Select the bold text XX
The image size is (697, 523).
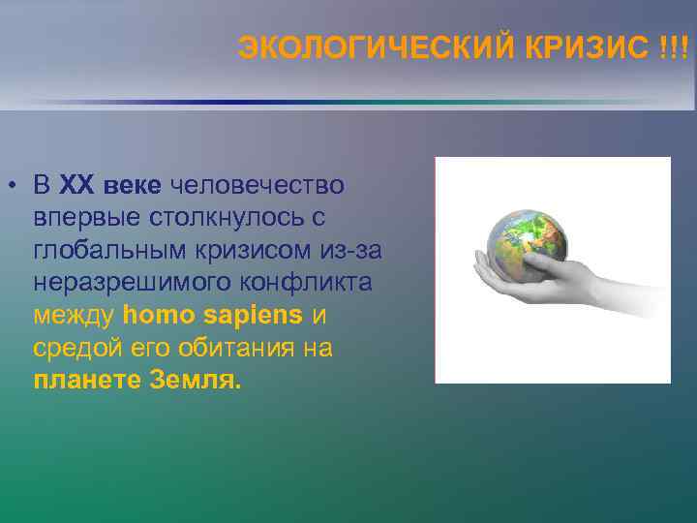pos(76,185)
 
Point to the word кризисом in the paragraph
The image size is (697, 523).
pos(259,251)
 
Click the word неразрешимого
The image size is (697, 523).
pos(124,283)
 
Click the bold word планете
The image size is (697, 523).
pos(86,381)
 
